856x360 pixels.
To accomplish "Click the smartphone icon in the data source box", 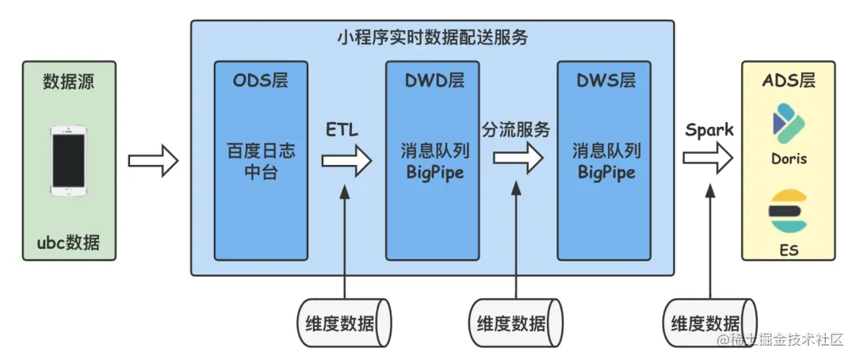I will tap(69, 160).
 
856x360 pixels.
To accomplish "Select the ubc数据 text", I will tap(69, 242).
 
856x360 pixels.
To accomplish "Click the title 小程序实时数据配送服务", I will tap(432, 37).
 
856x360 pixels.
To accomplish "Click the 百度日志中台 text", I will tap(261, 161).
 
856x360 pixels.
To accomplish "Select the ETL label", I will tap(342, 129).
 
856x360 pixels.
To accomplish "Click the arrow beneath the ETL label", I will tap(346, 161).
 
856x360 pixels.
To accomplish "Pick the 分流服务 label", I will tap(517, 129).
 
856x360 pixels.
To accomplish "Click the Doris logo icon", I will tap(789, 124).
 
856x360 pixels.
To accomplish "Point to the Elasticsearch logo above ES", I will tap(789, 210).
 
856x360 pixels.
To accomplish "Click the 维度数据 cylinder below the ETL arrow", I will tap(345, 323).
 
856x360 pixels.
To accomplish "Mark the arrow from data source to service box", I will tap(153, 161).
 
